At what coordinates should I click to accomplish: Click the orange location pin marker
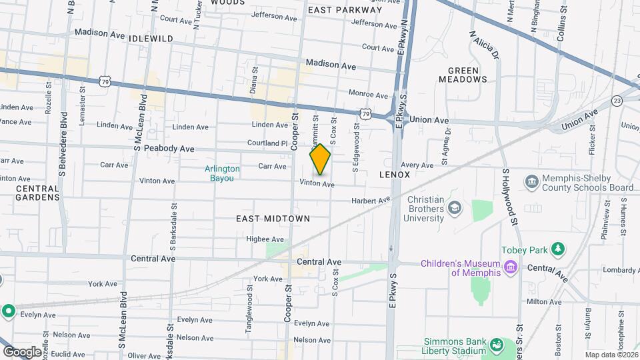click(320, 159)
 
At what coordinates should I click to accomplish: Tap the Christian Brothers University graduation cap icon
click(455, 208)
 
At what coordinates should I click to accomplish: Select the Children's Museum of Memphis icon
click(511, 267)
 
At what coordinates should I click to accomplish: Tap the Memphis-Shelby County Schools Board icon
click(531, 182)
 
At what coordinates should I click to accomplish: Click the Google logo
click(21, 351)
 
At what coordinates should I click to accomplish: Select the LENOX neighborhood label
click(394, 174)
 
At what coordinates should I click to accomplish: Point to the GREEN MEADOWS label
click(463, 75)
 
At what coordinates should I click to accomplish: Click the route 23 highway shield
click(617, 101)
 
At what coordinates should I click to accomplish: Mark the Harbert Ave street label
click(371, 200)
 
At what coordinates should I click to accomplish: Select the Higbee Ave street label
click(265, 238)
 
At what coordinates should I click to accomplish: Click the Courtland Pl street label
click(267, 143)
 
